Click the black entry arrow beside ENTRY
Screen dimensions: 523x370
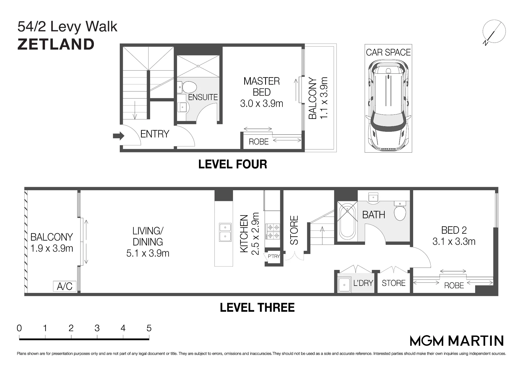(x=118, y=136)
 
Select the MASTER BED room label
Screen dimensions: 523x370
(x=261, y=87)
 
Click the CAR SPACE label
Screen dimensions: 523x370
(x=388, y=53)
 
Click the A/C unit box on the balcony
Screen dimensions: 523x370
(x=65, y=286)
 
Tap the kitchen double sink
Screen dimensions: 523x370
(x=225, y=232)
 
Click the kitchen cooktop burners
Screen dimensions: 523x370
(x=273, y=232)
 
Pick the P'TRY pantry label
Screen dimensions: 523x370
(x=274, y=256)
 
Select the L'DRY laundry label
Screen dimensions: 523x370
(x=363, y=283)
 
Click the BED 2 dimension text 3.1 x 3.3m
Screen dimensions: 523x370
(x=454, y=241)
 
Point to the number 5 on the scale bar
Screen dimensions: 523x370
(x=149, y=328)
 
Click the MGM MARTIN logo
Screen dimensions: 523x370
(x=457, y=341)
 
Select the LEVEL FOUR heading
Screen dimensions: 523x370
(x=233, y=164)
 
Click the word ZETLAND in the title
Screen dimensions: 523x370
(x=56, y=44)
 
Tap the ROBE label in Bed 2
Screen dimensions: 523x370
(x=454, y=286)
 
